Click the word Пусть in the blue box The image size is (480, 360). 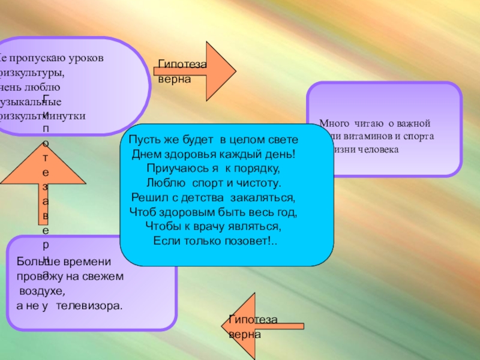click(x=143, y=140)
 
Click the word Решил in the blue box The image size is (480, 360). click(x=146, y=197)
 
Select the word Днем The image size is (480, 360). click(x=144, y=154)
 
